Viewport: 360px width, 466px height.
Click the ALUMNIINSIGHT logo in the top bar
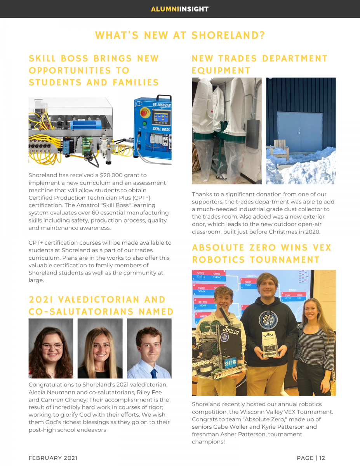tap(180, 9)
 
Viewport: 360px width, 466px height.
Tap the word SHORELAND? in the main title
tap(228, 35)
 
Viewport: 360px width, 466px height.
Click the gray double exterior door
tap(299, 132)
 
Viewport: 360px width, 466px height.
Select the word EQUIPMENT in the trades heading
tap(221, 71)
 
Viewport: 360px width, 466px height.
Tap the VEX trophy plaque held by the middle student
tap(269, 344)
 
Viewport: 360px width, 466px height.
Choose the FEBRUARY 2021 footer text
tap(53, 458)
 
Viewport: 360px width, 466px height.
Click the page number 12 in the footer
tap(322, 458)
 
